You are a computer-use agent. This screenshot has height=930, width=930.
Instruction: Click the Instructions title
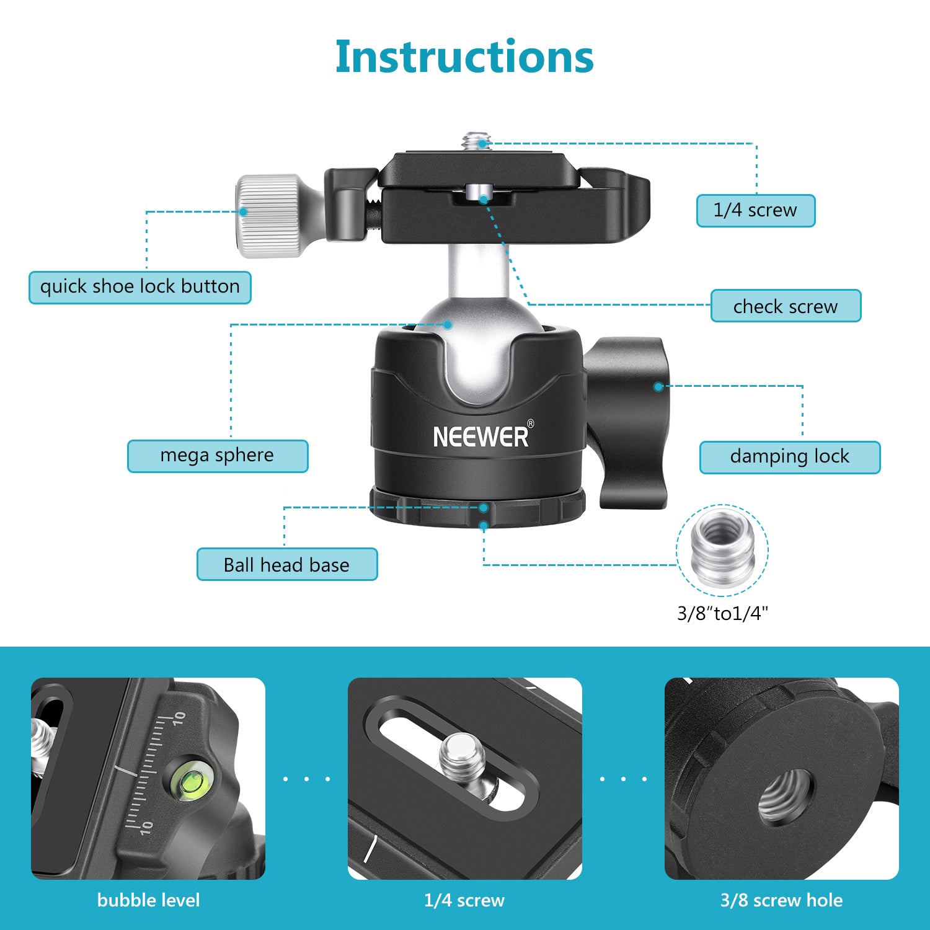tap(464, 57)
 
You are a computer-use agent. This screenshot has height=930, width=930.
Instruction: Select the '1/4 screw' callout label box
tap(755, 211)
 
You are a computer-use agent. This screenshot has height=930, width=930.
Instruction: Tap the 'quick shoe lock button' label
tap(140, 287)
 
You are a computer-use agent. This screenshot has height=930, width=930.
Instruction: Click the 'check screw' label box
tap(786, 306)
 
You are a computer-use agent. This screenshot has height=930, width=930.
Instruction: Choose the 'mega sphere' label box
tap(218, 456)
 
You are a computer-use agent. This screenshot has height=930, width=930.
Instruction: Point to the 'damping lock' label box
tap(789, 457)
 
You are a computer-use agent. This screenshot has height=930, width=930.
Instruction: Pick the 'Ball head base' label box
tap(286, 564)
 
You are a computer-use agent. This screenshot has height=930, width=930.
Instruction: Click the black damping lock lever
tap(632, 422)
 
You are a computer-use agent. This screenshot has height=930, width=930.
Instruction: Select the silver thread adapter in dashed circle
tap(722, 548)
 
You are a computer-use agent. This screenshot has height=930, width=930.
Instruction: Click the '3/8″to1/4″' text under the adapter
tap(722, 613)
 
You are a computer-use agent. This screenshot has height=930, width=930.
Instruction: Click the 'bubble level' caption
tap(149, 900)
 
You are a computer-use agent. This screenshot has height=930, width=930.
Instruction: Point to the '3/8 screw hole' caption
tap(781, 900)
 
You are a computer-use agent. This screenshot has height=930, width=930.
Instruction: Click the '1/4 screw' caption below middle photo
tap(464, 900)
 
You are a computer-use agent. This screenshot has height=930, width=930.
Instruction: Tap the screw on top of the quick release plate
tap(476, 141)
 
